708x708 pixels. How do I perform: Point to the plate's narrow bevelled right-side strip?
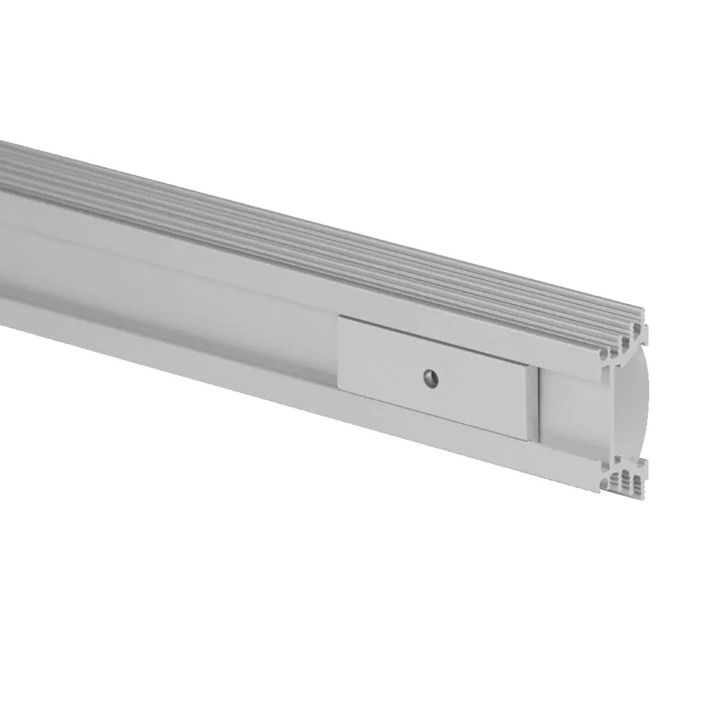pyautogui.click(x=533, y=404)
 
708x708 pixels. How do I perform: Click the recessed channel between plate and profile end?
pyautogui.click(x=573, y=411)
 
